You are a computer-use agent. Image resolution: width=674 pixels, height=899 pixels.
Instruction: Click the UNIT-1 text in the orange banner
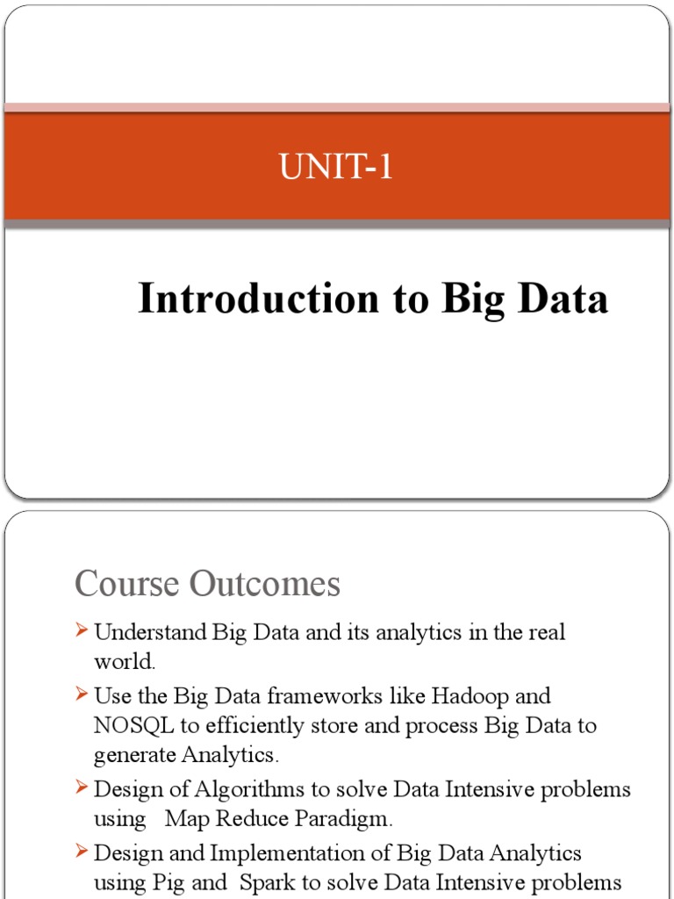coord(336,167)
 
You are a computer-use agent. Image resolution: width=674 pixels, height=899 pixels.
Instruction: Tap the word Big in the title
coord(474,299)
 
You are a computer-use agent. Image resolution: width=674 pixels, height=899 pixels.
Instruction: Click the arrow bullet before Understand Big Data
coord(82,630)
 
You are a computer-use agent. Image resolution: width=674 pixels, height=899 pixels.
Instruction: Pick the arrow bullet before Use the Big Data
coord(82,694)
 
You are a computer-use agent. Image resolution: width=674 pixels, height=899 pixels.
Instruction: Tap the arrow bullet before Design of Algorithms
coord(82,788)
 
